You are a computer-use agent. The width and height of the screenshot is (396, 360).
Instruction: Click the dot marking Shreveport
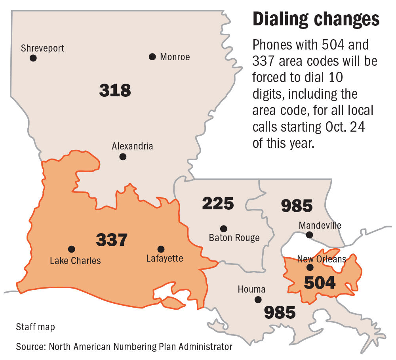[33, 58]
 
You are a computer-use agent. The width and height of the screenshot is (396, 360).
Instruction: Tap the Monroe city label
[175, 57]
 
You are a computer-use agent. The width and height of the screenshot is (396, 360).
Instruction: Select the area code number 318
[115, 90]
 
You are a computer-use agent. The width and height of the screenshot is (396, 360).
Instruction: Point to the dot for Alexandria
[123, 157]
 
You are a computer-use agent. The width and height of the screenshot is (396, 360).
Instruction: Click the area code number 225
[218, 203]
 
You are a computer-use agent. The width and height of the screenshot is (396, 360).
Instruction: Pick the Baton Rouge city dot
[223, 228]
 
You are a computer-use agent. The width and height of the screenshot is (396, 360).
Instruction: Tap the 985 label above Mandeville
[297, 206]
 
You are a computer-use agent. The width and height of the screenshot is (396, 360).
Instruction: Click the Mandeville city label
[320, 226]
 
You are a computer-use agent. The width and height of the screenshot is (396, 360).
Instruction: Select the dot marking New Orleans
[310, 267]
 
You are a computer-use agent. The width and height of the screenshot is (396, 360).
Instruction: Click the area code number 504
[320, 283]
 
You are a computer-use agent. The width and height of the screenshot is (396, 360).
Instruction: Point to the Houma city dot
[258, 299]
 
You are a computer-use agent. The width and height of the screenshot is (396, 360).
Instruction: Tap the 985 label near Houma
[280, 312]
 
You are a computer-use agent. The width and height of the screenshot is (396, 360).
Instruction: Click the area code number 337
[112, 239]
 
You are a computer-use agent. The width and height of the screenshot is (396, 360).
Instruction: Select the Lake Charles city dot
[71, 249]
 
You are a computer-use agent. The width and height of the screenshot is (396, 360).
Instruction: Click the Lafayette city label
[164, 259]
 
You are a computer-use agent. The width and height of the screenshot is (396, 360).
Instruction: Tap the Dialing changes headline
[316, 19]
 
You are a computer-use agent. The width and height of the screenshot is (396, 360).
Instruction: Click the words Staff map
[36, 327]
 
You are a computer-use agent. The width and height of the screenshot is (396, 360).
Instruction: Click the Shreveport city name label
[42, 48]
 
